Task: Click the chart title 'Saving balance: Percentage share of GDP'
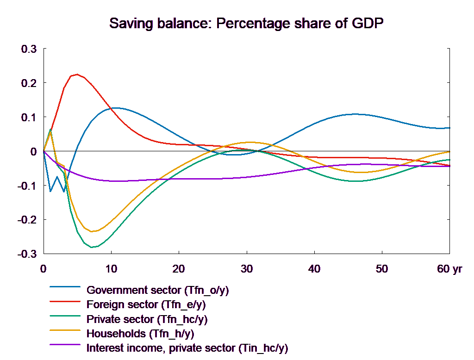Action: click(x=247, y=23)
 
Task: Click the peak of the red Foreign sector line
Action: click(x=76, y=74)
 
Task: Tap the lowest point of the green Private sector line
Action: click(x=93, y=247)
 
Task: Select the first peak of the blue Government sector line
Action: click(x=115, y=108)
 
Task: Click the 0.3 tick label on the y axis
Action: click(x=29, y=49)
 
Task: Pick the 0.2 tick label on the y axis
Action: click(x=29, y=83)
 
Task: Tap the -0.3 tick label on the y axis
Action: click(x=27, y=254)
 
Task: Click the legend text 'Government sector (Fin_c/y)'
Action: click(x=158, y=291)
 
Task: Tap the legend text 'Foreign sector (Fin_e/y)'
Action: click(x=146, y=305)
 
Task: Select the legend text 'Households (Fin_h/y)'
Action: click(x=140, y=334)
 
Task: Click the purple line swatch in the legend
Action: click(x=65, y=348)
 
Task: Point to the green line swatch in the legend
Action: click(x=65, y=319)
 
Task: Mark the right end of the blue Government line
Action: click(x=450, y=128)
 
